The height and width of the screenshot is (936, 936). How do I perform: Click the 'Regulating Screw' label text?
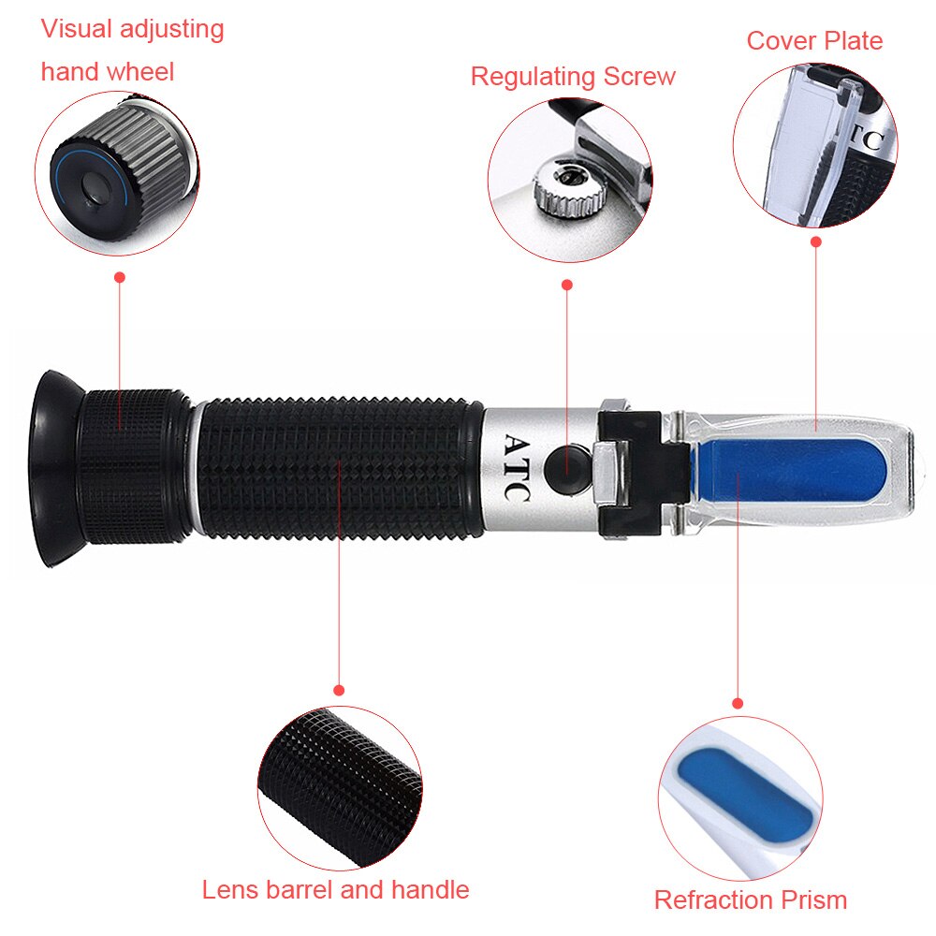point(573,77)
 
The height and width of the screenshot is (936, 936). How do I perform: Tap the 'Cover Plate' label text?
point(814,41)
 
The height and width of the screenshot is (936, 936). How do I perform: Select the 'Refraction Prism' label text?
point(750,900)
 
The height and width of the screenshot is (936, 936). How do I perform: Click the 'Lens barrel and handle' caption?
point(335,889)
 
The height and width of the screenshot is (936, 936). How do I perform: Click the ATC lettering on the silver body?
point(518,468)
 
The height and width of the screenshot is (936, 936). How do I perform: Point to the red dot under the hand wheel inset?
point(119,277)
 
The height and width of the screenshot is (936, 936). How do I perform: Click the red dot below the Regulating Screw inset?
point(566,284)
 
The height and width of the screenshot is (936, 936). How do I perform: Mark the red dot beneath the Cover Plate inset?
point(815,241)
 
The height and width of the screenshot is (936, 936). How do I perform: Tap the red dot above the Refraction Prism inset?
point(738,702)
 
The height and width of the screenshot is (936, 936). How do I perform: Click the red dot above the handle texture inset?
point(339,690)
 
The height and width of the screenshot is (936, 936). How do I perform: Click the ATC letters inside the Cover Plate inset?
point(870,141)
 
